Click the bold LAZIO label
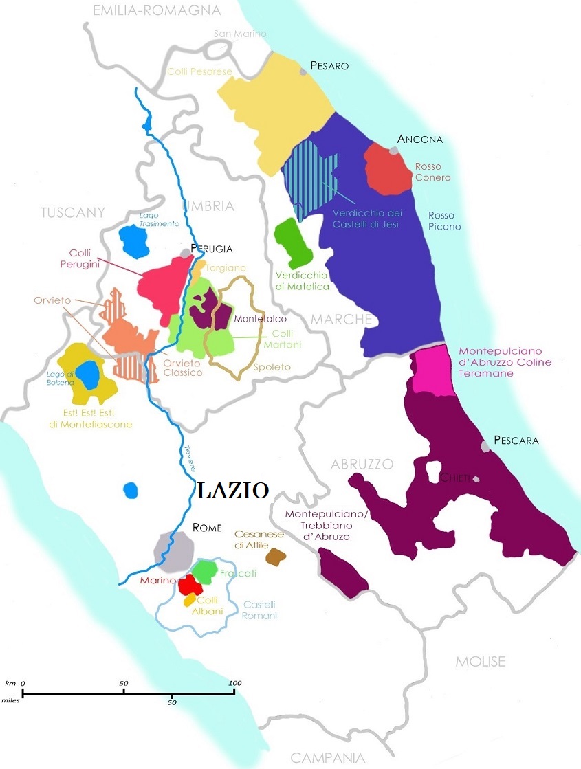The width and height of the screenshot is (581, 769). tap(232, 490)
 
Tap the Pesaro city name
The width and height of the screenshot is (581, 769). tap(329, 66)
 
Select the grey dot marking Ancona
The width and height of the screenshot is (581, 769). tap(394, 149)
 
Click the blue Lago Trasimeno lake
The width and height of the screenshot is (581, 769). tap(135, 241)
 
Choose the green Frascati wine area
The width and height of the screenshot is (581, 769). tap(204, 570)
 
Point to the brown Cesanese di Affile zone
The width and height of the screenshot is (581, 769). tap(276, 557)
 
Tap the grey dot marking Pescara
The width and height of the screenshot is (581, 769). tap(486, 447)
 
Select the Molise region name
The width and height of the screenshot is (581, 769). tap(480, 662)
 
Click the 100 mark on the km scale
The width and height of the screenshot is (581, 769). tap(235, 682)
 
